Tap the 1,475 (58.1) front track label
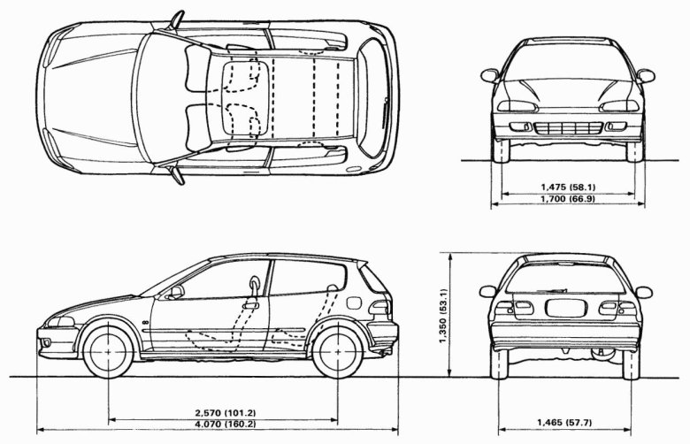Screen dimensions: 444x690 (x=567, y=187)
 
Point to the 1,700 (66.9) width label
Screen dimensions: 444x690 (x=567, y=199)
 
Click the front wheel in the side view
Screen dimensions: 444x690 (x=109, y=350)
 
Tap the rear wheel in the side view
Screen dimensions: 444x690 (x=336, y=351)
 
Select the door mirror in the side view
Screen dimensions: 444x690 (x=176, y=291)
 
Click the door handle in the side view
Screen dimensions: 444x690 (x=251, y=304)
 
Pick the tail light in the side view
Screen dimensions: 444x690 (x=382, y=308)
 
